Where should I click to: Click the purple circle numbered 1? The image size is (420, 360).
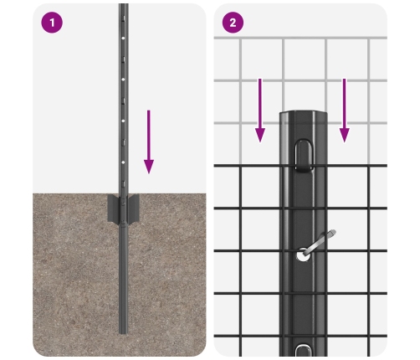coord(52,23)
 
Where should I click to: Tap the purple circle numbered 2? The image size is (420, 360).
coord(233,23)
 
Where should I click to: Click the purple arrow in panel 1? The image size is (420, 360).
coord(149,141)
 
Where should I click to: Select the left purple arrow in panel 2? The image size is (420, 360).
coord(260,111)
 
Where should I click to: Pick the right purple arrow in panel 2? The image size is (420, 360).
coord(345,111)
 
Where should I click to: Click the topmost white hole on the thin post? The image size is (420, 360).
coord(123,38)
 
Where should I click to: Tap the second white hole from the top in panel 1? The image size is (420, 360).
coord(123,80)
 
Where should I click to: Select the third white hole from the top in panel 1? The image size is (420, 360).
coord(123,121)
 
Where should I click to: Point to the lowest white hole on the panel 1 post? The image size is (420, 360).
coord(123,162)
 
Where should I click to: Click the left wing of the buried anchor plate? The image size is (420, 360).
coord(113,208)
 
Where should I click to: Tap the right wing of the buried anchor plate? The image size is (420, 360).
coord(133,208)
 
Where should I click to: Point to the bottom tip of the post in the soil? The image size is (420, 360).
coord(123,333)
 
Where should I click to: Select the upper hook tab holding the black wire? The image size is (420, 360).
coord(303,156)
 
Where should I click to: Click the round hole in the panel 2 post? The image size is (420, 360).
coord(303,255)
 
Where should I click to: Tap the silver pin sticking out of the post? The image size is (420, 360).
coord(320,242)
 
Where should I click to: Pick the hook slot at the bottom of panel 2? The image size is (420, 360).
coord(303,351)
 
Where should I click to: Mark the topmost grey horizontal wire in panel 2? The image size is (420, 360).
coord(300,38)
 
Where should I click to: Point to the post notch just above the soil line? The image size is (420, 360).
coord(123,184)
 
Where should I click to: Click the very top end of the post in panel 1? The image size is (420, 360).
coord(123,4)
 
